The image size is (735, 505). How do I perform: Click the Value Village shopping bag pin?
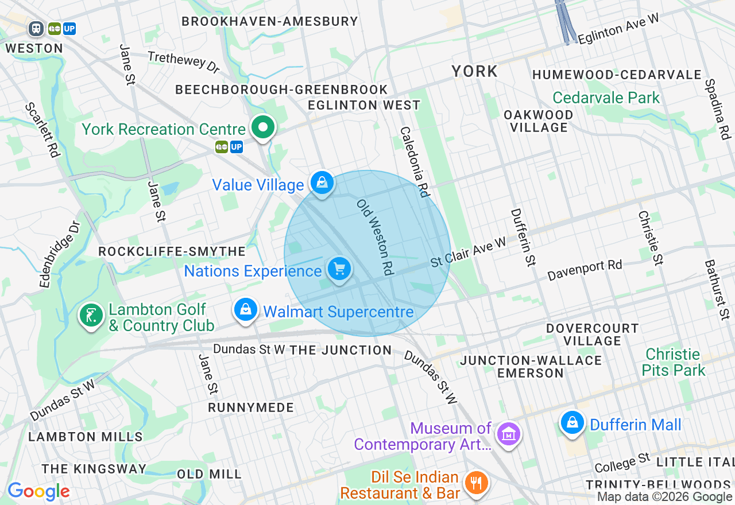click(322, 184)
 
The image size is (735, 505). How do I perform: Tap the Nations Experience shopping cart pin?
click(339, 269)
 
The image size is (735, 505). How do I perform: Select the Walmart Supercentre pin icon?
click(246, 309)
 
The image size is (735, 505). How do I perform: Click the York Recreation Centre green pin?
click(264, 128)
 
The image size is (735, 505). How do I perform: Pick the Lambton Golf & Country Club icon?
click(91, 315)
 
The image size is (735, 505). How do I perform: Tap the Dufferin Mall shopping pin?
click(572, 423)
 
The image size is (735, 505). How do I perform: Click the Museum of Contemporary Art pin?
click(508, 434)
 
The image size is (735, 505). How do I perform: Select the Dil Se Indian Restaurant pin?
click(476, 483)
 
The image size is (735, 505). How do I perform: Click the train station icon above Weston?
click(36, 28)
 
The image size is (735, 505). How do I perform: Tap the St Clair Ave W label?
click(469, 252)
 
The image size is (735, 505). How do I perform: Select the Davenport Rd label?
click(585, 270)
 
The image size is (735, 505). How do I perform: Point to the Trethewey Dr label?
click(184, 62)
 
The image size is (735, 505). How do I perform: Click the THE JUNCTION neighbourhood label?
click(341, 350)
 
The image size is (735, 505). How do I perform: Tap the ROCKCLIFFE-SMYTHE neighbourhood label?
click(172, 251)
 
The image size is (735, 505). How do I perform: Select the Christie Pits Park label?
click(674, 362)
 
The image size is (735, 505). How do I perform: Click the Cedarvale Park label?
click(606, 98)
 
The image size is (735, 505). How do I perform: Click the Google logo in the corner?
click(38, 491)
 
